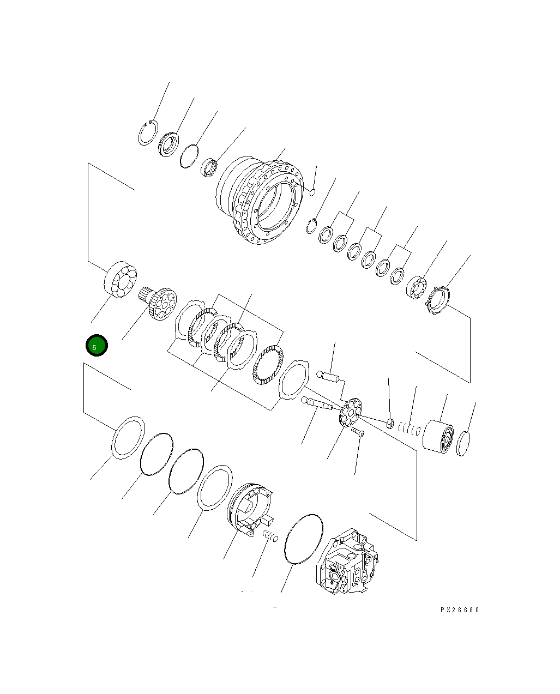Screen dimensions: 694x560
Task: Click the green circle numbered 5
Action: click(97, 346)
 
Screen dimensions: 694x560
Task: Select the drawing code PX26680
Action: click(460, 610)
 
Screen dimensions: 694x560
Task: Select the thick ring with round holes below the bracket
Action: click(121, 280)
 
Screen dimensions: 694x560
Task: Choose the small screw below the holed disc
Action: click(358, 432)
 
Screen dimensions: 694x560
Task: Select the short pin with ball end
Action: click(329, 376)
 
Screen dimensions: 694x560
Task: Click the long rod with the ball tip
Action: click(317, 403)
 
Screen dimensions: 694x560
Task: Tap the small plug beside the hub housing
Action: click(312, 191)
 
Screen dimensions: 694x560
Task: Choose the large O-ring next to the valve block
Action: click(304, 538)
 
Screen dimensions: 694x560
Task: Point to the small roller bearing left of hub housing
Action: click(209, 166)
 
